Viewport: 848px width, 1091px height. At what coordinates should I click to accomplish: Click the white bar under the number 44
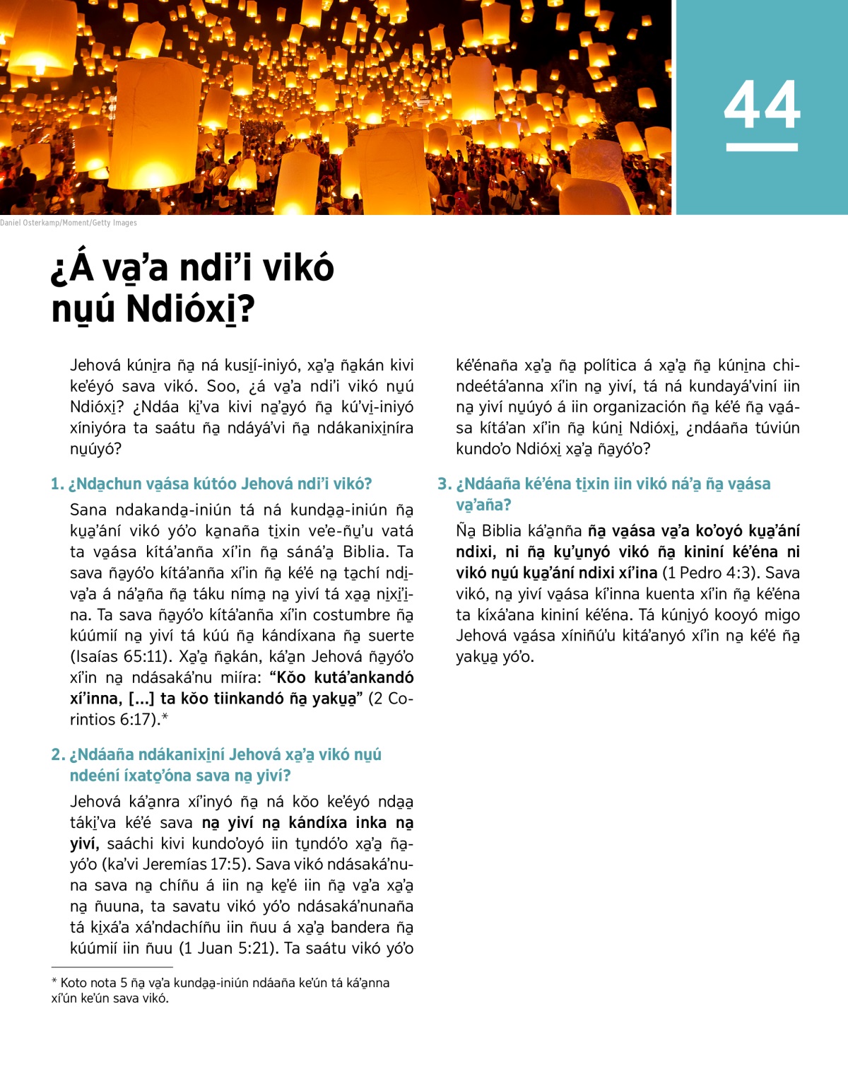click(762, 147)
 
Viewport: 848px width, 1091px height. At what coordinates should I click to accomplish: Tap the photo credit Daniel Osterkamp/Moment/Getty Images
click(69, 223)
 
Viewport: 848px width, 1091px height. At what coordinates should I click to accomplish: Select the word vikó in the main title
click(296, 268)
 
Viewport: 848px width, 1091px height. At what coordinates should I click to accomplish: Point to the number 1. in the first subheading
click(57, 484)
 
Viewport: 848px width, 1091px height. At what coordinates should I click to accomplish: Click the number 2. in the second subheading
click(58, 755)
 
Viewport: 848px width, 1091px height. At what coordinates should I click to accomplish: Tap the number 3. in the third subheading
click(444, 484)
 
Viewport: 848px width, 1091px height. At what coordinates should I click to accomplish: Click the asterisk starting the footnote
click(54, 982)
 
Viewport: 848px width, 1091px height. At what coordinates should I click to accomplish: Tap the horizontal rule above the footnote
click(112, 967)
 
